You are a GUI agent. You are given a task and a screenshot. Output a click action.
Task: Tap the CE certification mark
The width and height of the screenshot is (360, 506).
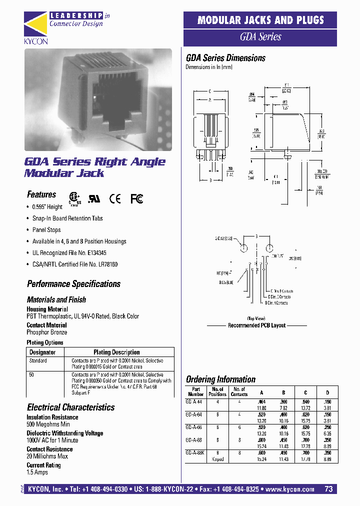[115, 198]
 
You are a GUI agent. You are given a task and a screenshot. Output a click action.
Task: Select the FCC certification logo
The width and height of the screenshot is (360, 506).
[137, 198]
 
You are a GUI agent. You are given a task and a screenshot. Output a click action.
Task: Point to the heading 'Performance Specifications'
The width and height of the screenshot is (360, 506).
[73, 284]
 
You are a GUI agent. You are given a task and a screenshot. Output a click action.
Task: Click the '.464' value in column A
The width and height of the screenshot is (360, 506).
[260, 401]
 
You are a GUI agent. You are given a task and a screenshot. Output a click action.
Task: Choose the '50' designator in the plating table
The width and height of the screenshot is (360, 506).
[31, 374]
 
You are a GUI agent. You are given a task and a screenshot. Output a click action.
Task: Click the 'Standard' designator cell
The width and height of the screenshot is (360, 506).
[38, 360]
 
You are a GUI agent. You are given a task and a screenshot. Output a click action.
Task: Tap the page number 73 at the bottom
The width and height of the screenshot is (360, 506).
[328, 489]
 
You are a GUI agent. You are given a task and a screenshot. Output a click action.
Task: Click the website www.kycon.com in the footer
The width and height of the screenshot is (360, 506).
[290, 489]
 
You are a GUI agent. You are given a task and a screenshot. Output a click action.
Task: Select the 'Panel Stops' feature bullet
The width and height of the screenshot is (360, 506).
[46, 230]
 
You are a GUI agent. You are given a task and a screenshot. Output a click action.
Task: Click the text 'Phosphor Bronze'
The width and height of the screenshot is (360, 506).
[46, 332]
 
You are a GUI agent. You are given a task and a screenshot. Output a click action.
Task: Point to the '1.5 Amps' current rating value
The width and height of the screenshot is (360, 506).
[37, 472]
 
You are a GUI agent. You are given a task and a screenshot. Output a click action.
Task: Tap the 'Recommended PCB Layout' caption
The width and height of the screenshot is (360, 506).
[256, 325]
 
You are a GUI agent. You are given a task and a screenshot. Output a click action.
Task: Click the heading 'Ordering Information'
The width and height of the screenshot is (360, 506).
[220, 379]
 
